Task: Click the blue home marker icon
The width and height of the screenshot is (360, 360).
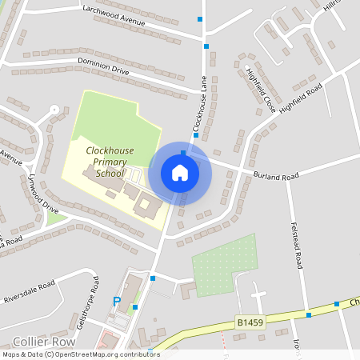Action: click(180, 172)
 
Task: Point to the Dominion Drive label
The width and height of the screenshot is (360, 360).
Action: click(103, 66)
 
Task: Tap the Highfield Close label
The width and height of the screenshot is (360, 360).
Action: click(261, 90)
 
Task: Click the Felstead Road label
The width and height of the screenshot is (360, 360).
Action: click(299, 260)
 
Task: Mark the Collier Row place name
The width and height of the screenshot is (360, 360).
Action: click(33, 339)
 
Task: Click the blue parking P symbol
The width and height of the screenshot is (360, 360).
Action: click(117, 302)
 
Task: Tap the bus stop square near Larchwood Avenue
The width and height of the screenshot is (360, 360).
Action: click(200, 19)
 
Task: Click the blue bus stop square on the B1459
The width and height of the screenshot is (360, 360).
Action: click(308, 314)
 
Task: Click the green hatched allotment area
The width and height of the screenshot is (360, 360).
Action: click(225, 265)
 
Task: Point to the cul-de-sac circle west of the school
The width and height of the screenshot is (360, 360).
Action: click(54, 109)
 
